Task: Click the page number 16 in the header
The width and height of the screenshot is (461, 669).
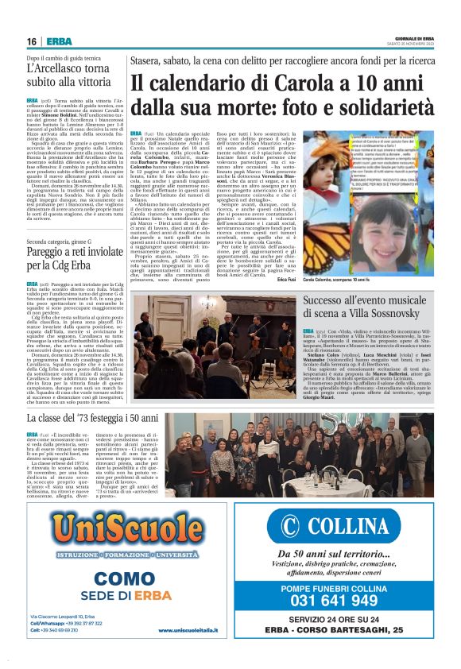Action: click(33, 41)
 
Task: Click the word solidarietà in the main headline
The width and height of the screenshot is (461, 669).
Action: click(381, 108)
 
